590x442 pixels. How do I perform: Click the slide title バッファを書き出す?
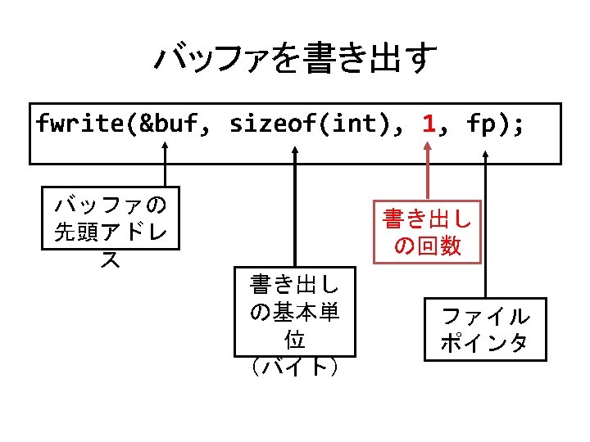pyautogui.click(x=295, y=59)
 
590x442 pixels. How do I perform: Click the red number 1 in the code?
pyautogui.click(x=428, y=124)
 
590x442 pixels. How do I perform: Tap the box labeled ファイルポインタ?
pyautogui.click(x=485, y=329)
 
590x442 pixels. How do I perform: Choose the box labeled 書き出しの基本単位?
pyautogui.click(x=295, y=312)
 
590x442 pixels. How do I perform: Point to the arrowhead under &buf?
pyautogui.click(x=166, y=147)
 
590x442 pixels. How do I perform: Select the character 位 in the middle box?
pyautogui.click(x=295, y=339)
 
